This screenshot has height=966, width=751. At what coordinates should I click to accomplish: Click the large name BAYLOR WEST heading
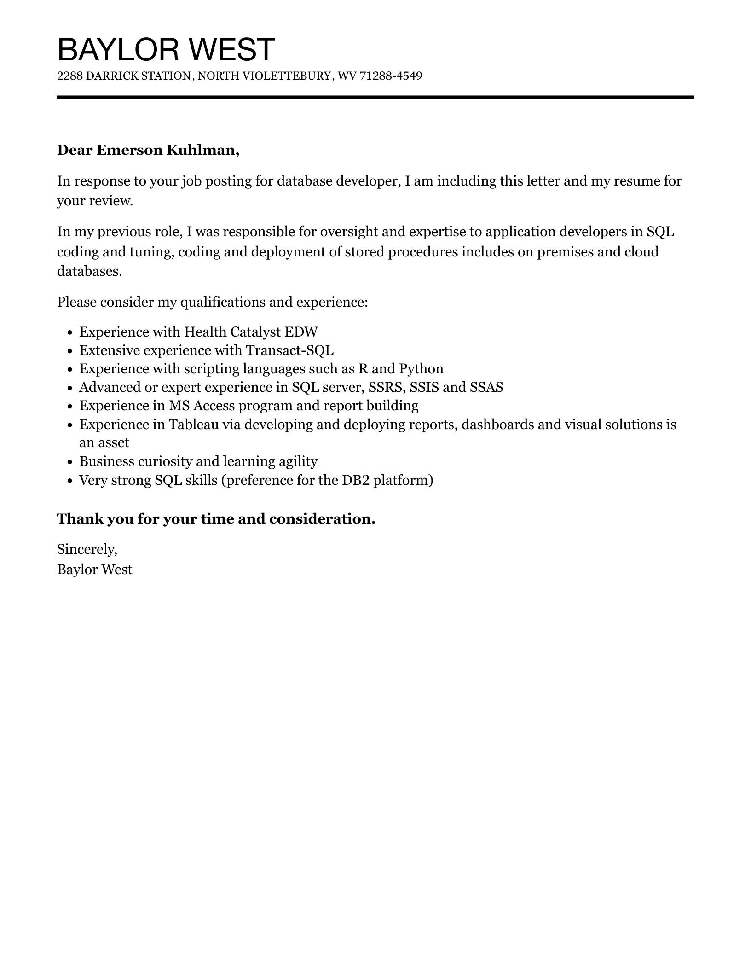coord(166,49)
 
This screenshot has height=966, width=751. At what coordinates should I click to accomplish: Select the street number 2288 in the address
coord(69,76)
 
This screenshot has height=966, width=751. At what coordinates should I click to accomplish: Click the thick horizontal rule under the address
coord(375,97)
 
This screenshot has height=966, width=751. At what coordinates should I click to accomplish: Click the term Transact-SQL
coord(289,351)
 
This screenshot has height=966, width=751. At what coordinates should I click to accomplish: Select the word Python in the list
coord(421,369)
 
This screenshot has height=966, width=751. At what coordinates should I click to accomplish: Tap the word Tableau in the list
coord(194,425)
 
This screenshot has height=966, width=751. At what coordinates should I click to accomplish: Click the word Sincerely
coord(87,549)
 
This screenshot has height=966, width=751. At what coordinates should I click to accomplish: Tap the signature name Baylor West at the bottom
coord(94,570)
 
